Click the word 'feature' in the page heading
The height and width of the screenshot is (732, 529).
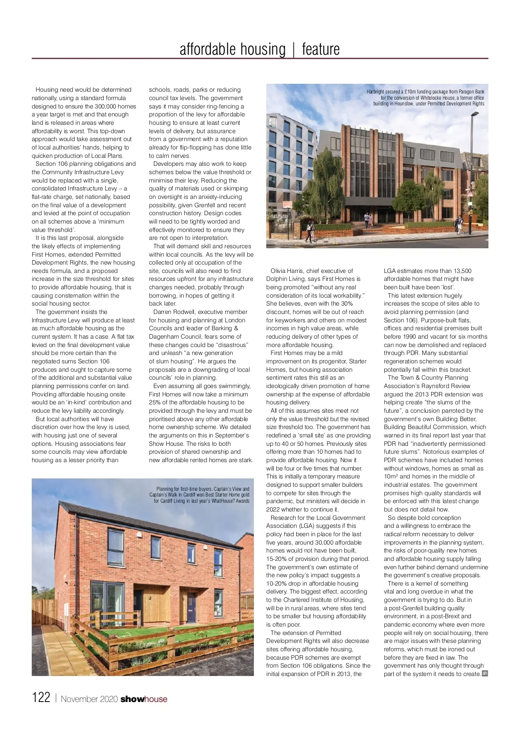click(320, 49)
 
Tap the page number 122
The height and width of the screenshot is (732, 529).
click(41, 697)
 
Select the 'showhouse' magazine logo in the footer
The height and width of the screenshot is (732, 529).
click(144, 699)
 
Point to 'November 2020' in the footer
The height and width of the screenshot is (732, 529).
click(89, 699)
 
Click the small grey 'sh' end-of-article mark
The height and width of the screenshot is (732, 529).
click(485, 673)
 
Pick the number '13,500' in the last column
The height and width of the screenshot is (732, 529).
click(460, 271)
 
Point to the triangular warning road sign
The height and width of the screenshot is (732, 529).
click(470, 194)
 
